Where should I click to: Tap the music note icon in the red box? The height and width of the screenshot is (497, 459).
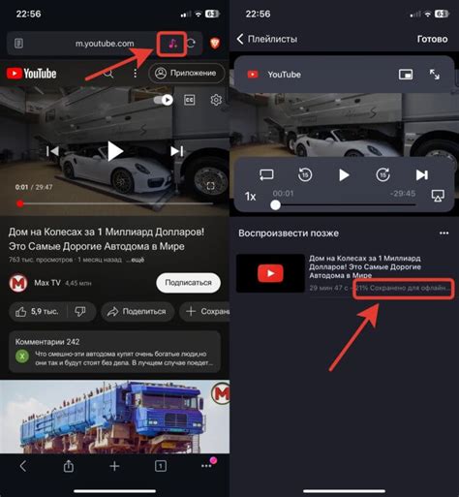click(x=170, y=44)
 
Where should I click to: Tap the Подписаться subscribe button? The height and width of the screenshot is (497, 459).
click(x=188, y=282)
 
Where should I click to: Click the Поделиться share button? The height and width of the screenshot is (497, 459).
click(x=137, y=311)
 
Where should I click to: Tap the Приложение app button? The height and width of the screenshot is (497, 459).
click(x=187, y=74)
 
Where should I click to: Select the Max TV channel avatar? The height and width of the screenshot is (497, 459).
click(x=18, y=283)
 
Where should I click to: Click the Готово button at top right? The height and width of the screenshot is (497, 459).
click(x=431, y=40)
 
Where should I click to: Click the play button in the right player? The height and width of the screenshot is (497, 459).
click(x=343, y=175)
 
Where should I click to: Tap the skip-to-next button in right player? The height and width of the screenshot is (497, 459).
click(x=421, y=175)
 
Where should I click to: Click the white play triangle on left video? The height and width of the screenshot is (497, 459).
click(x=114, y=150)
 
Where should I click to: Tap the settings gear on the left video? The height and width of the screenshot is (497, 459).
click(x=216, y=100)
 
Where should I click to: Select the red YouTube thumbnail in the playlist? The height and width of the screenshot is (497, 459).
click(x=270, y=273)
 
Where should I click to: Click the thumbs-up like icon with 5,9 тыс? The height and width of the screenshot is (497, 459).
click(x=21, y=311)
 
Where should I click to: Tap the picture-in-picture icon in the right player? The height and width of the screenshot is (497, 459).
click(x=407, y=74)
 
